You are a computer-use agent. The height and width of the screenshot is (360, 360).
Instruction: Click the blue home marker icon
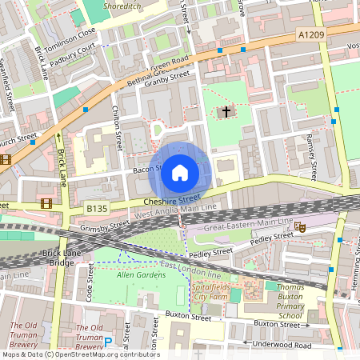180,172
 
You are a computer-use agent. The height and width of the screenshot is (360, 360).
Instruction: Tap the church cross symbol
227,112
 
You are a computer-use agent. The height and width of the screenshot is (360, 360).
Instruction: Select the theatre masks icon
300,228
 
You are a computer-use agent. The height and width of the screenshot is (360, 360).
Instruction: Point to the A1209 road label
312,34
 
